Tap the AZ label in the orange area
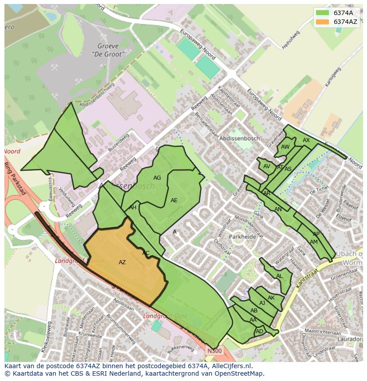point(122,262)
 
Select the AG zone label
point(157,178)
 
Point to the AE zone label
point(174,200)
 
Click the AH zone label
point(133,208)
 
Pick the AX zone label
point(306,140)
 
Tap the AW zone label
point(285,147)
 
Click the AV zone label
point(266,166)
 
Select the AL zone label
point(279,276)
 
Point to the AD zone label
point(259,331)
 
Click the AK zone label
point(271,298)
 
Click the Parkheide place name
point(243,237)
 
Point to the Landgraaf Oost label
point(165,316)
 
